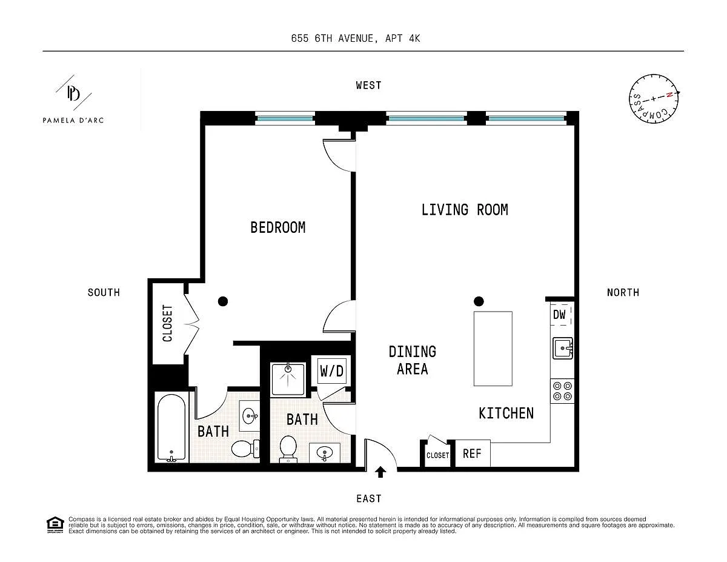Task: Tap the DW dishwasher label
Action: [559, 315]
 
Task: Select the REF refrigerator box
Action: [473, 453]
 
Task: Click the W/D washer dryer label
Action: [331, 371]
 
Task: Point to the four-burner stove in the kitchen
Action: [562, 391]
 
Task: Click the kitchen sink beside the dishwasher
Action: [563, 348]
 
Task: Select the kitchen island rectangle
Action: [493, 349]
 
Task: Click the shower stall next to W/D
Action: [288, 380]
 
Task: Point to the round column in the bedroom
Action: [223, 301]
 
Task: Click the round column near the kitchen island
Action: [479, 301]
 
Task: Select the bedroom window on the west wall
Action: [285, 118]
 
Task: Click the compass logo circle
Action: [654, 99]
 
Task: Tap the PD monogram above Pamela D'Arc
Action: [73, 93]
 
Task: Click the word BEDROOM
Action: [278, 227]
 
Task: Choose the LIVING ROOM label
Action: [465, 210]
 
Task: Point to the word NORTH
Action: [623, 293]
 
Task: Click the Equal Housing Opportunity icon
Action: [55, 525]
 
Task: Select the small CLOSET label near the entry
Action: [437, 455]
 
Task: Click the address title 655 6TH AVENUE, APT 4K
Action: [355, 38]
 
